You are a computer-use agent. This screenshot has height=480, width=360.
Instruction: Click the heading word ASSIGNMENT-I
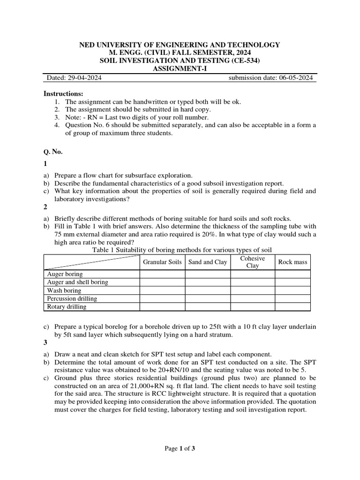click(x=180, y=69)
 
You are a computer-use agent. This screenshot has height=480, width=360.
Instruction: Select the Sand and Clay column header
click(x=208, y=262)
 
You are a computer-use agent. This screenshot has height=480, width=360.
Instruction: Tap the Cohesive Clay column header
click(x=252, y=262)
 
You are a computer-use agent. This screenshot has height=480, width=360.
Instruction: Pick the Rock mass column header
click(x=292, y=262)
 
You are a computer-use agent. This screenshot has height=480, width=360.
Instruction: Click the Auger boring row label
click(x=65, y=274)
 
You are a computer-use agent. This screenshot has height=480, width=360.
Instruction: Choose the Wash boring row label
click(x=64, y=291)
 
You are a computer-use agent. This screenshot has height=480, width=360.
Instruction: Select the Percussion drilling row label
click(x=72, y=299)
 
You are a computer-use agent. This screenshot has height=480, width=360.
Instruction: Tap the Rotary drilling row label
click(x=67, y=307)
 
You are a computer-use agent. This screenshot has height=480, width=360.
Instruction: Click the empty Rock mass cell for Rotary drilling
click(x=292, y=307)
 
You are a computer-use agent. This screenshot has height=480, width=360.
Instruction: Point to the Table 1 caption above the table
click(x=182, y=250)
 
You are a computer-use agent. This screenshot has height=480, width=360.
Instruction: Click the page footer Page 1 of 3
click(x=180, y=449)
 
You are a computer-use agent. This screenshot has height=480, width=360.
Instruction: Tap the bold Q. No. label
click(x=53, y=151)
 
